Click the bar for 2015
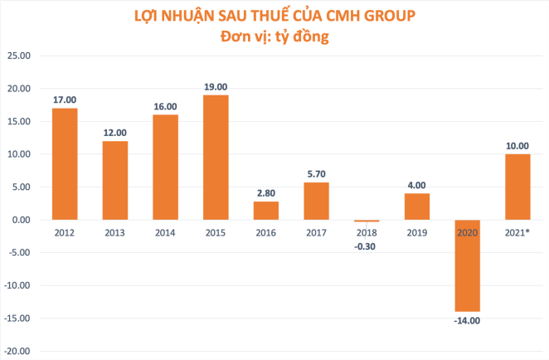pyautogui.click(x=216, y=158)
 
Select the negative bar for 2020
pyautogui.click(x=467, y=265)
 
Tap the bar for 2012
pyautogui.click(x=65, y=164)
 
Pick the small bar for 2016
pyautogui.click(x=265, y=211)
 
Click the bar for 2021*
pyautogui.click(x=517, y=187)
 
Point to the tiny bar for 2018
pyautogui.click(x=367, y=221)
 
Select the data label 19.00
pyautogui.click(x=216, y=86)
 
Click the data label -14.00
pyautogui.click(x=467, y=319)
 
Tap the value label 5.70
pyautogui.click(x=316, y=173)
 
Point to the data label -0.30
pyautogui.click(x=367, y=246)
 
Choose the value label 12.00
pyautogui.click(x=114, y=132)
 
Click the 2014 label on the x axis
pyautogui.click(x=165, y=233)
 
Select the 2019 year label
pyautogui.click(x=416, y=233)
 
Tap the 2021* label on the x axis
pyautogui.click(x=517, y=233)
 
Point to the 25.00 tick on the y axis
pyautogui.click(x=18, y=56)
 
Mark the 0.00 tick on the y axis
pyautogui.click(x=20, y=220)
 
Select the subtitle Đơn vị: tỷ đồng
pyautogui.click(x=274, y=37)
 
